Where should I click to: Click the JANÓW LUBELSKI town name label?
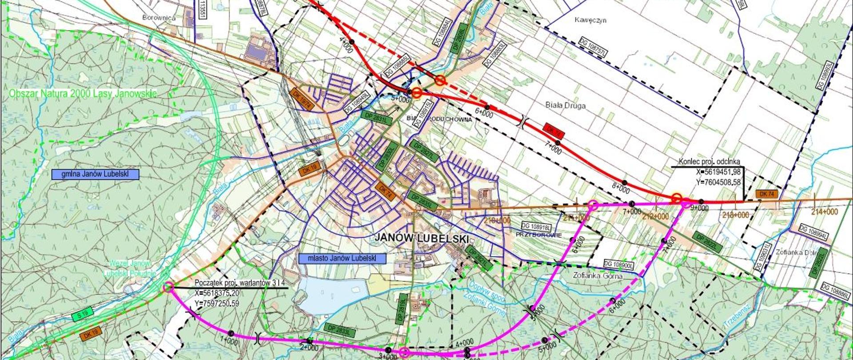(422, 239)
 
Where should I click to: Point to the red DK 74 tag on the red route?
(553, 130)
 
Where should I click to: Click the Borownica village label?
(159, 18)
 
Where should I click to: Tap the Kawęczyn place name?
(590, 20)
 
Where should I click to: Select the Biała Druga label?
(565, 106)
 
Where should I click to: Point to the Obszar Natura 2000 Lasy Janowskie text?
(83, 94)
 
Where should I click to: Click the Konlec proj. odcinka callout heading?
(710, 162)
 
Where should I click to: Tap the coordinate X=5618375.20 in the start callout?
(217, 293)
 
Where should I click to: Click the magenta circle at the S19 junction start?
(168, 287)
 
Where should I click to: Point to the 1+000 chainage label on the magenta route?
(229, 341)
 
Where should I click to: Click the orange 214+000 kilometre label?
(825, 212)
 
